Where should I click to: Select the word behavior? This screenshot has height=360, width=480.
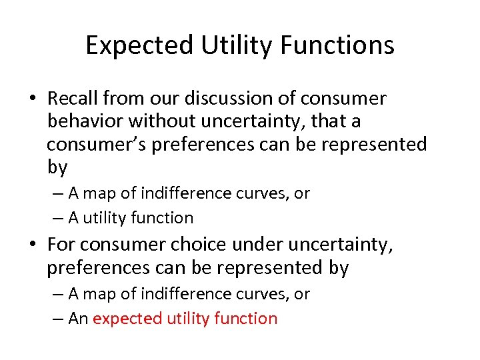pos(85,121)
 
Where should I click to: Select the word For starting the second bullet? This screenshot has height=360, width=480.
pos(60,245)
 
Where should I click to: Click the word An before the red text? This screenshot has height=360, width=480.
pos(78,318)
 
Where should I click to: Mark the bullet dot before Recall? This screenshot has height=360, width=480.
pos(32,99)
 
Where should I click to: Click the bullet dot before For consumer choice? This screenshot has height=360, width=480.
pos(32,245)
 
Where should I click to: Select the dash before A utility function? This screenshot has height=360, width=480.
pos(57,218)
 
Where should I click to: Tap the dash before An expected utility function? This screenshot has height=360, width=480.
pos(57,319)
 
